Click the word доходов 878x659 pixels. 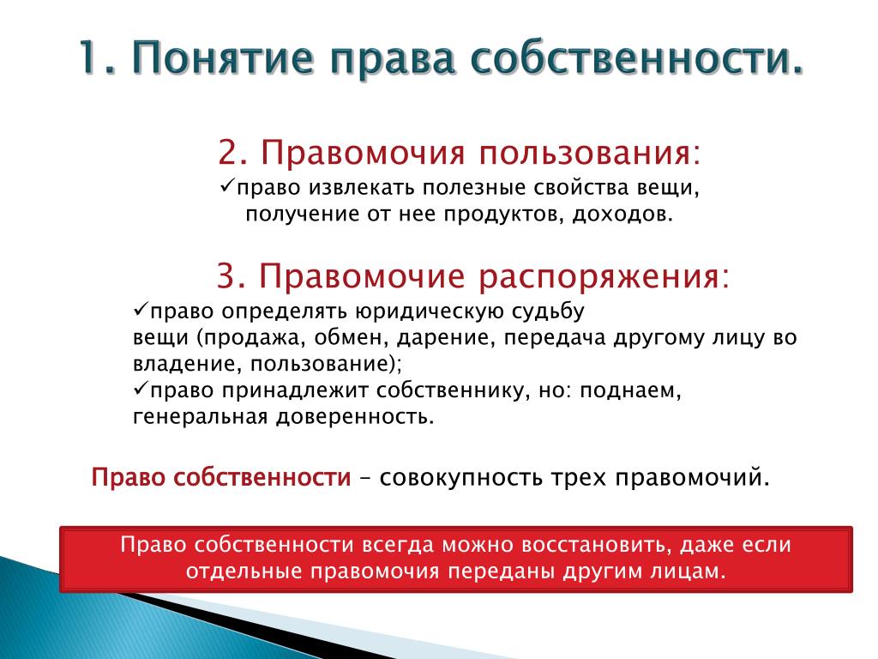[x=622, y=214]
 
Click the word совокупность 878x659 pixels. [x=460, y=478]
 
